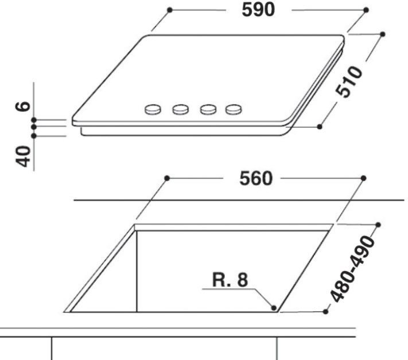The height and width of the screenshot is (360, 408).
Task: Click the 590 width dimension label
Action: click(x=258, y=10)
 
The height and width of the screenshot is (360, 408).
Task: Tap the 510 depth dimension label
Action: click(x=349, y=82)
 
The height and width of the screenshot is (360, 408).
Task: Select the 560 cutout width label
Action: click(x=256, y=178)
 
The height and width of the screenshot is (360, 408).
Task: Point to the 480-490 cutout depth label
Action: click(x=353, y=269)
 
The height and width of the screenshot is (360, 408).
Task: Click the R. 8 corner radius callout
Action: click(x=230, y=280)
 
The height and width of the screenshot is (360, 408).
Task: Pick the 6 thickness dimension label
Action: click(x=23, y=106)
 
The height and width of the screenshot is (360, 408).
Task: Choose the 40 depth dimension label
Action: click(x=24, y=156)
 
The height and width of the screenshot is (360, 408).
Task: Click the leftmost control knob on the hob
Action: click(x=153, y=109)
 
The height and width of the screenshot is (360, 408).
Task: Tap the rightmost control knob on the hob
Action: click(x=234, y=109)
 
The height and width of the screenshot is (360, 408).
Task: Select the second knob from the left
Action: click(x=180, y=109)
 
